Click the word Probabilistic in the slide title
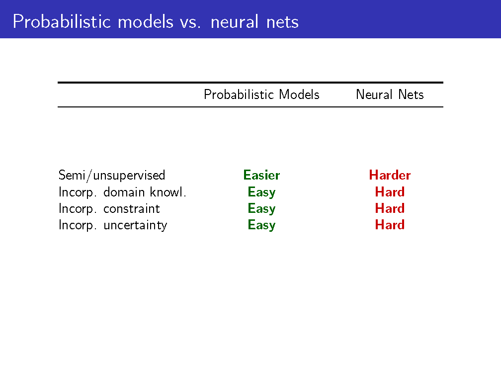point(62,22)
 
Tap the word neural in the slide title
point(234,22)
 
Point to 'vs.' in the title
point(190,23)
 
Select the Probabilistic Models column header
point(261,94)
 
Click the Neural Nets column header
point(390,94)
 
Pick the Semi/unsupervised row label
point(112,175)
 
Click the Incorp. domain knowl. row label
point(122,192)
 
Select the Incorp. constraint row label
point(109,209)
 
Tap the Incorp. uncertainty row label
point(113,225)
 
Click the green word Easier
point(261,175)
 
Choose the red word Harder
point(390,175)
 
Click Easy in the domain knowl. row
point(261,192)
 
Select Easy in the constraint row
point(261,209)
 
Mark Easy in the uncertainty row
point(261,225)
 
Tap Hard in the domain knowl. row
point(390,192)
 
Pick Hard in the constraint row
point(390,208)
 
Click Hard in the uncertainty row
point(390,225)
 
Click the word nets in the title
point(282,22)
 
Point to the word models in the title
point(145,22)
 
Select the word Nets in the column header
point(411,94)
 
